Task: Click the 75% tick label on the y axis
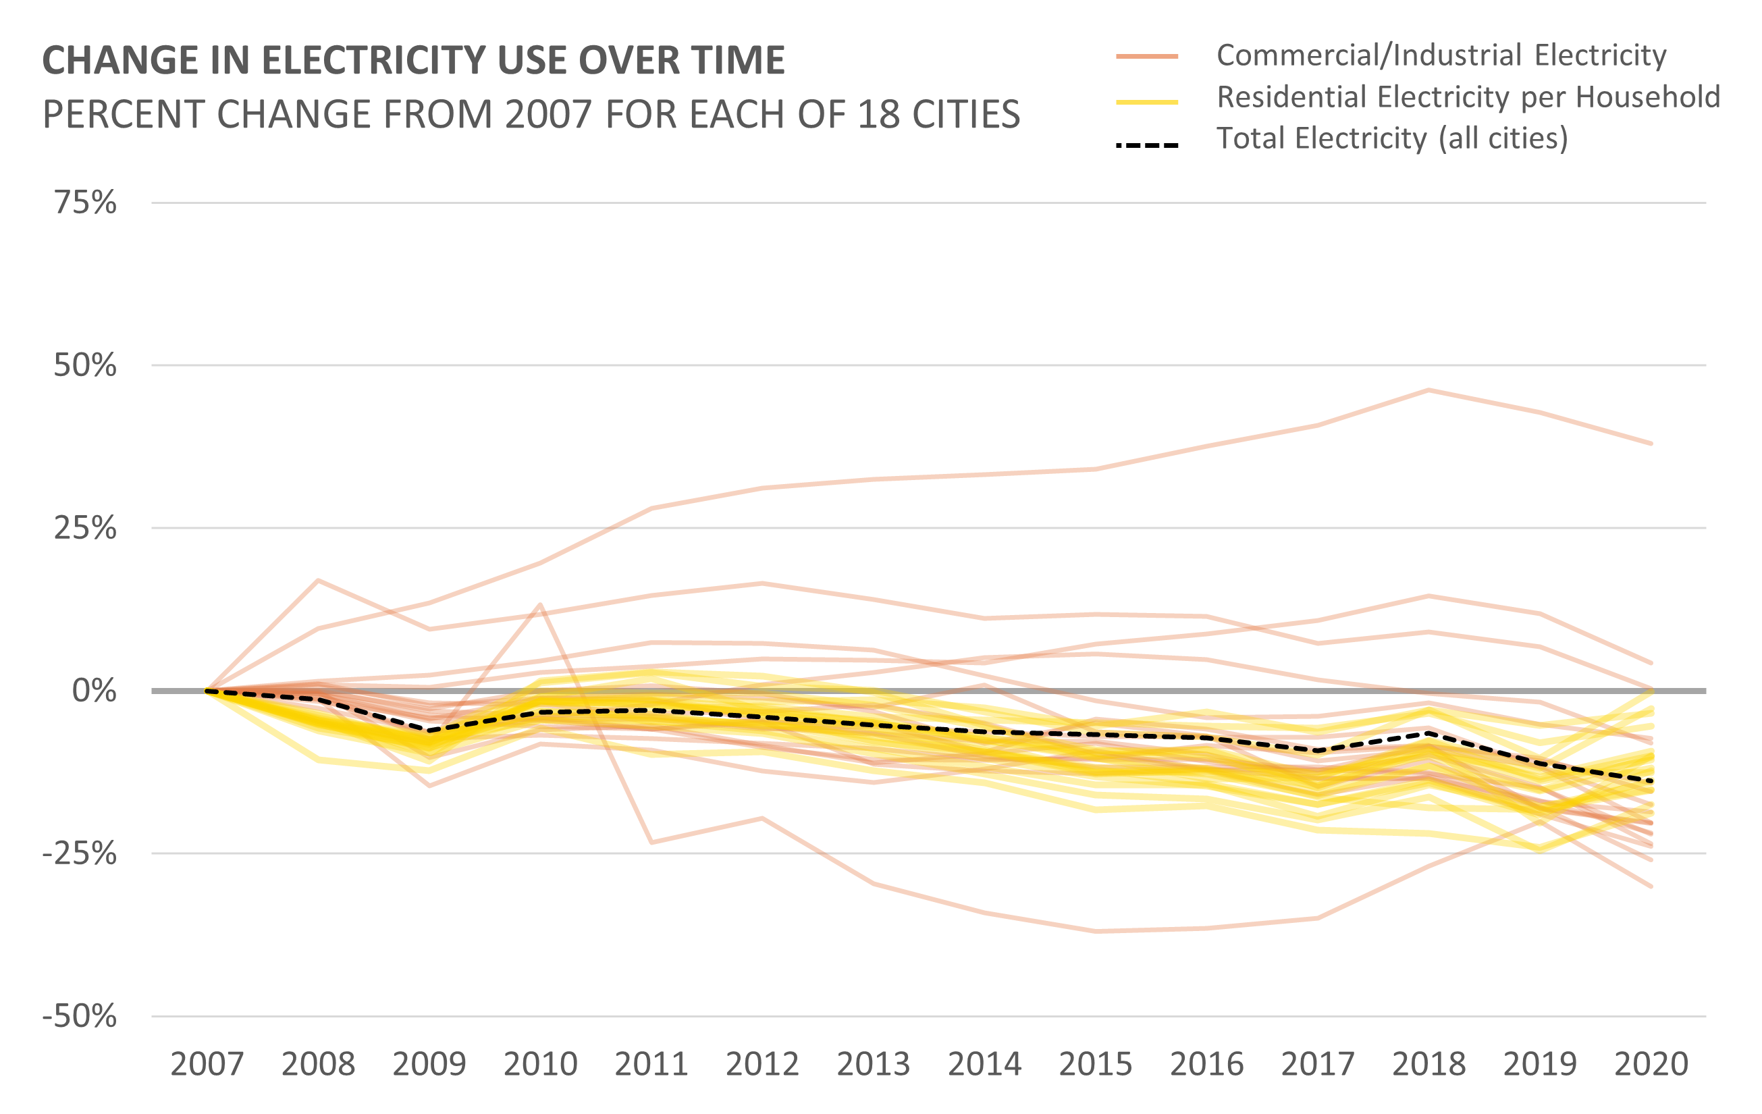click(85, 203)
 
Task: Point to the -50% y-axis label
click(79, 1016)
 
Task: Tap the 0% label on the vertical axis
click(94, 690)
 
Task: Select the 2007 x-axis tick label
click(207, 1063)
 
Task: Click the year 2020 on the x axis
click(1651, 1063)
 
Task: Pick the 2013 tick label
click(874, 1063)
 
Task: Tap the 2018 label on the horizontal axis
click(1429, 1063)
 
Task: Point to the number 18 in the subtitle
click(878, 114)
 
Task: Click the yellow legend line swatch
click(1146, 103)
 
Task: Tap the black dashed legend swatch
click(1146, 145)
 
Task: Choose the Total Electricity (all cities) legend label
click(1392, 138)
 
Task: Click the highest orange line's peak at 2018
click(1429, 390)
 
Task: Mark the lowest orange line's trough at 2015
click(1096, 932)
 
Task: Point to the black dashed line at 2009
click(429, 731)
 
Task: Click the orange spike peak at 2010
click(541, 604)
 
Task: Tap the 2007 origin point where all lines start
click(207, 690)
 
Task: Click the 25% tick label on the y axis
click(85, 528)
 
